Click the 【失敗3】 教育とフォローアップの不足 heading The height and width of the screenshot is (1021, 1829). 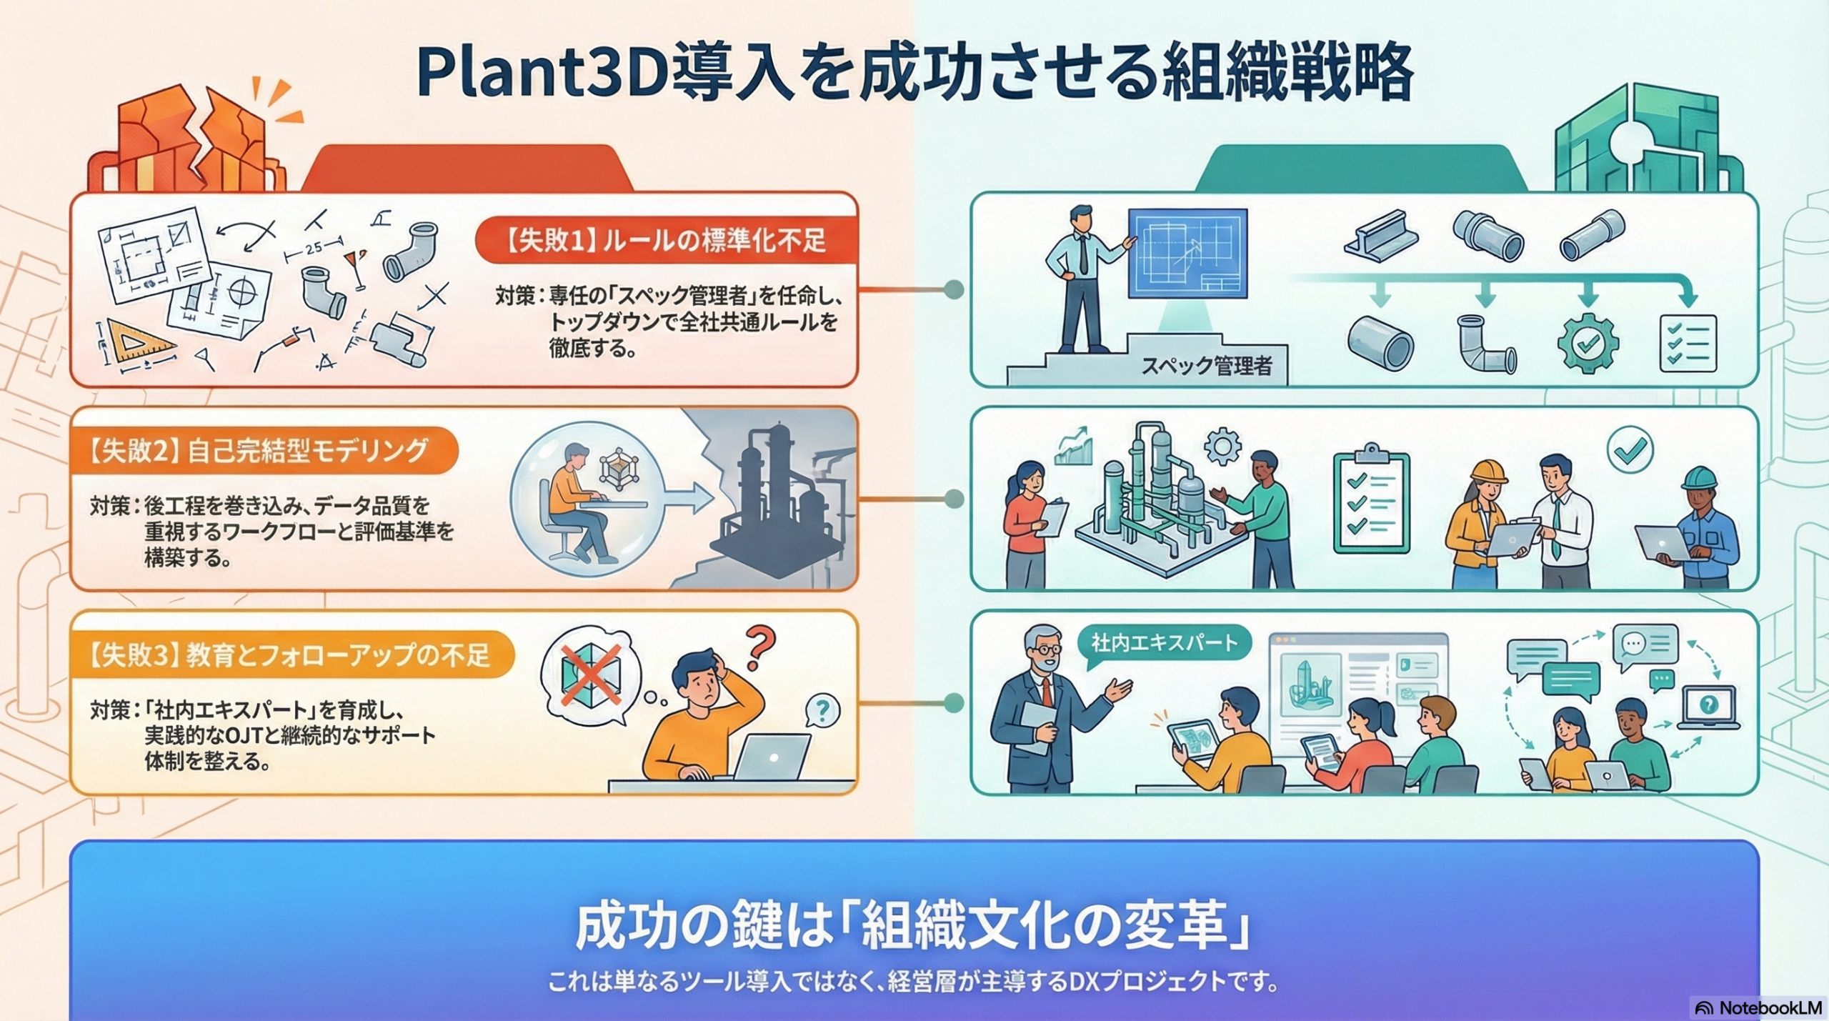point(289,655)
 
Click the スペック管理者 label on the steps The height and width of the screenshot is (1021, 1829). point(1206,367)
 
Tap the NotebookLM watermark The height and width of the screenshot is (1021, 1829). point(1761,1008)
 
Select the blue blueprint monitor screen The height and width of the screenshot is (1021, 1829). point(1187,253)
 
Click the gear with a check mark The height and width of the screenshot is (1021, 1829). point(1588,344)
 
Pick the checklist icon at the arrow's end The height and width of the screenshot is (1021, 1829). point(1688,344)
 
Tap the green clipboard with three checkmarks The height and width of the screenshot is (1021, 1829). point(1371,502)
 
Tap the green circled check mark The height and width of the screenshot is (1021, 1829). point(1630,449)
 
